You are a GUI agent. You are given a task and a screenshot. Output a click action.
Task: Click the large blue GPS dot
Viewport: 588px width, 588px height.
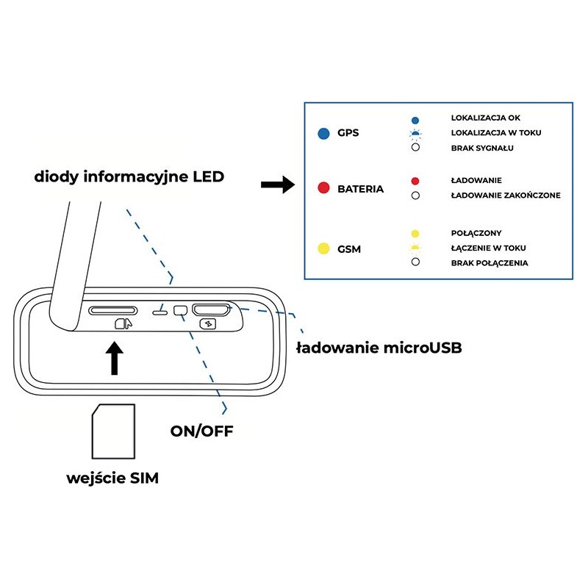pos(322,134)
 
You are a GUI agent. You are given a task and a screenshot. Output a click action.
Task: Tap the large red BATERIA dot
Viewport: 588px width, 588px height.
pos(322,189)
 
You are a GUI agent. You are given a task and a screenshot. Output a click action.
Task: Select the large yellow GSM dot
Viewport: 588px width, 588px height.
pos(322,249)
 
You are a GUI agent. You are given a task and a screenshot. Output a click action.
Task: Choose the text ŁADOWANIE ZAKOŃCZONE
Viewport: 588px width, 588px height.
pos(506,196)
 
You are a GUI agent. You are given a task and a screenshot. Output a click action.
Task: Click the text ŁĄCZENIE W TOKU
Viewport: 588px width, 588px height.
pos(488,248)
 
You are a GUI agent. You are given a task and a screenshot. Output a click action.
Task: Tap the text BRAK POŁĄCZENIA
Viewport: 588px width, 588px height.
pos(490,262)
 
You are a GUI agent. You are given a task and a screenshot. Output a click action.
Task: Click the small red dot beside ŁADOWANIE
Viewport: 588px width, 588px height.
pos(415,181)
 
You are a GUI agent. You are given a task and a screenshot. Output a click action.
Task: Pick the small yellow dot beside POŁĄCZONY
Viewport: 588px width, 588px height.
pos(415,233)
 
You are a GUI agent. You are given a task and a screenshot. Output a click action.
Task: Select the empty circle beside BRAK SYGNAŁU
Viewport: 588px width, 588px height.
pos(415,148)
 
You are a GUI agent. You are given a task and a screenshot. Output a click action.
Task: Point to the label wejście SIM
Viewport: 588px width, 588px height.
pos(112,478)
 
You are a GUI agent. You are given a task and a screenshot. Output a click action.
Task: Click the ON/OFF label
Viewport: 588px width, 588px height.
pos(201,431)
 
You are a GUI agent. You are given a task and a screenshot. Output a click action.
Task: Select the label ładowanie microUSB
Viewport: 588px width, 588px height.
pos(379,348)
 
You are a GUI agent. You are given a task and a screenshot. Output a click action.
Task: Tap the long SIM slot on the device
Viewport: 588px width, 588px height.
pos(113,311)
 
